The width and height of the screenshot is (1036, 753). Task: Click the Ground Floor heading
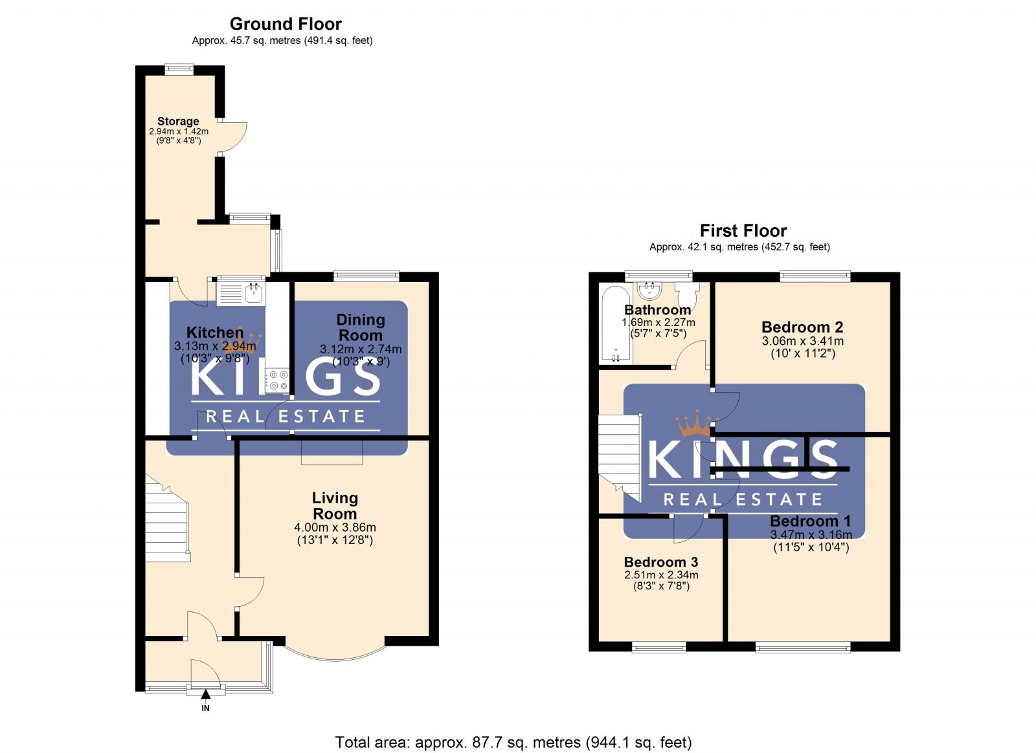(x=286, y=24)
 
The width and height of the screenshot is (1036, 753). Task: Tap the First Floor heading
(x=743, y=230)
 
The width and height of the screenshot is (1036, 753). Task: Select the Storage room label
(x=178, y=121)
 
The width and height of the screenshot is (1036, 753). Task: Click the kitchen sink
(x=241, y=292)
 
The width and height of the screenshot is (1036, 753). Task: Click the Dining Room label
(x=361, y=327)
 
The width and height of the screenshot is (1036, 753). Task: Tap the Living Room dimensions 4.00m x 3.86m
(x=335, y=527)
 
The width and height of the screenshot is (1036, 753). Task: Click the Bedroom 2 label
(x=802, y=327)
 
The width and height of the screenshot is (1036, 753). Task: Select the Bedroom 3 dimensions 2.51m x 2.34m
(x=661, y=574)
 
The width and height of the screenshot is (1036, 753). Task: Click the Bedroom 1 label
(x=810, y=521)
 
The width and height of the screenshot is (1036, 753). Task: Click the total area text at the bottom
(x=513, y=742)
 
